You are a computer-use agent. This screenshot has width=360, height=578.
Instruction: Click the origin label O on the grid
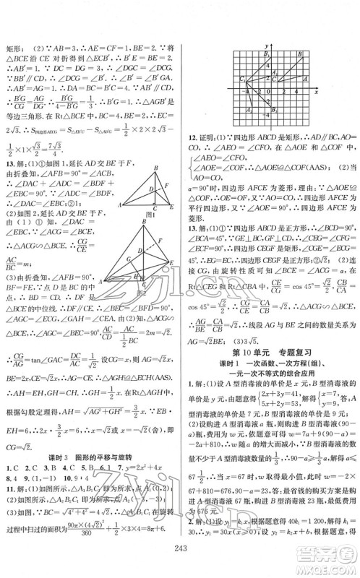263,94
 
